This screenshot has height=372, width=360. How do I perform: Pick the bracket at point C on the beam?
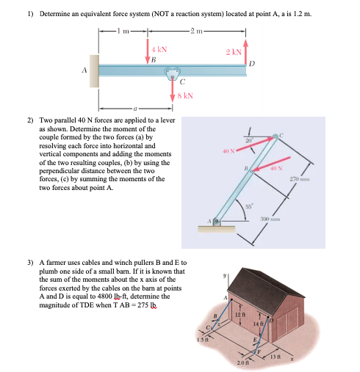coord(173,73)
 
